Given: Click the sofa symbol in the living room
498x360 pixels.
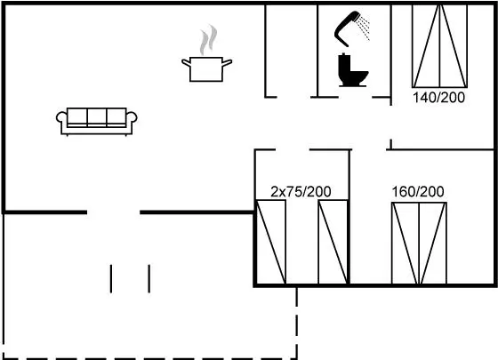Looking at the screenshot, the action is (x=97, y=122).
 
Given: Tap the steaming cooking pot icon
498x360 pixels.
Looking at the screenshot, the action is (x=206, y=53).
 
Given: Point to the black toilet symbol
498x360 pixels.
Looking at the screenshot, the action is (x=352, y=70).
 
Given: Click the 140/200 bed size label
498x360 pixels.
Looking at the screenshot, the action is (x=438, y=98).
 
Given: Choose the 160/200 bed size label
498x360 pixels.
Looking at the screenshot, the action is (x=418, y=191).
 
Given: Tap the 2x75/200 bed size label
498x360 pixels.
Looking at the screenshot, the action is (x=301, y=191).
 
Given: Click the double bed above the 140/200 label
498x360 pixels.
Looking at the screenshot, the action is (x=440, y=46).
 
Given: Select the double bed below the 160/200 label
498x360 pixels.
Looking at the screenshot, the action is (x=419, y=244).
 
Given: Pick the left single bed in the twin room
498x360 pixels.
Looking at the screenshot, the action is (x=271, y=242).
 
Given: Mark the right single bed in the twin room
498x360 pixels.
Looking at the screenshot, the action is (x=333, y=242).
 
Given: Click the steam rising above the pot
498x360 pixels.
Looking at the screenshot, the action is (x=208, y=40).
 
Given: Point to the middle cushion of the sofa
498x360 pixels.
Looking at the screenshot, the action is (x=97, y=116).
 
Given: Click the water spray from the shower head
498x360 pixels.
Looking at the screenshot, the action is (x=364, y=28).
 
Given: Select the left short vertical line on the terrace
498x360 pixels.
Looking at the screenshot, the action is (x=111, y=278).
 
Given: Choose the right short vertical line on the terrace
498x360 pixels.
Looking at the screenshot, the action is (x=149, y=278).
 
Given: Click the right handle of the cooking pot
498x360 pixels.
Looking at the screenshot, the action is (x=227, y=62).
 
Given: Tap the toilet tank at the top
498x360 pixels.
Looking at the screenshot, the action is (x=344, y=60).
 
